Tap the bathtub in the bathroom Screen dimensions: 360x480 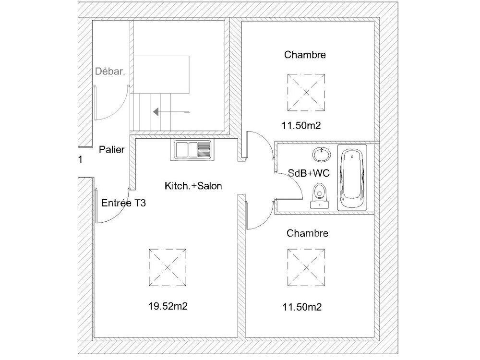pos(352,177)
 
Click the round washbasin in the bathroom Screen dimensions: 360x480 pos(321,155)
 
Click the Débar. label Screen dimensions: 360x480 pos(110,72)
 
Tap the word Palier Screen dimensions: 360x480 pos(111,150)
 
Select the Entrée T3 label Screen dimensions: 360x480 pos(124,203)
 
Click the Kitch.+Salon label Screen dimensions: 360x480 pos(193,186)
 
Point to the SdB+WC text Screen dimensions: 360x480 pos(309,173)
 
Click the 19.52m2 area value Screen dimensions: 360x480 pos(168,306)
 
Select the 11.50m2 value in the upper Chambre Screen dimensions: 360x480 pos(301,126)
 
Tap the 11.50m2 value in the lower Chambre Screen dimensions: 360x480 pos(302,306)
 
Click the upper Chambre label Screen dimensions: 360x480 pos(305,55)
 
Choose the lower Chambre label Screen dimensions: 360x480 pos(307,233)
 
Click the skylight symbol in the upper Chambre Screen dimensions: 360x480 pos(305,91)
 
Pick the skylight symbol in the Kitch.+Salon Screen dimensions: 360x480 pos(167,267)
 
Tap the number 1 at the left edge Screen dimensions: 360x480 pos(80,160)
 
